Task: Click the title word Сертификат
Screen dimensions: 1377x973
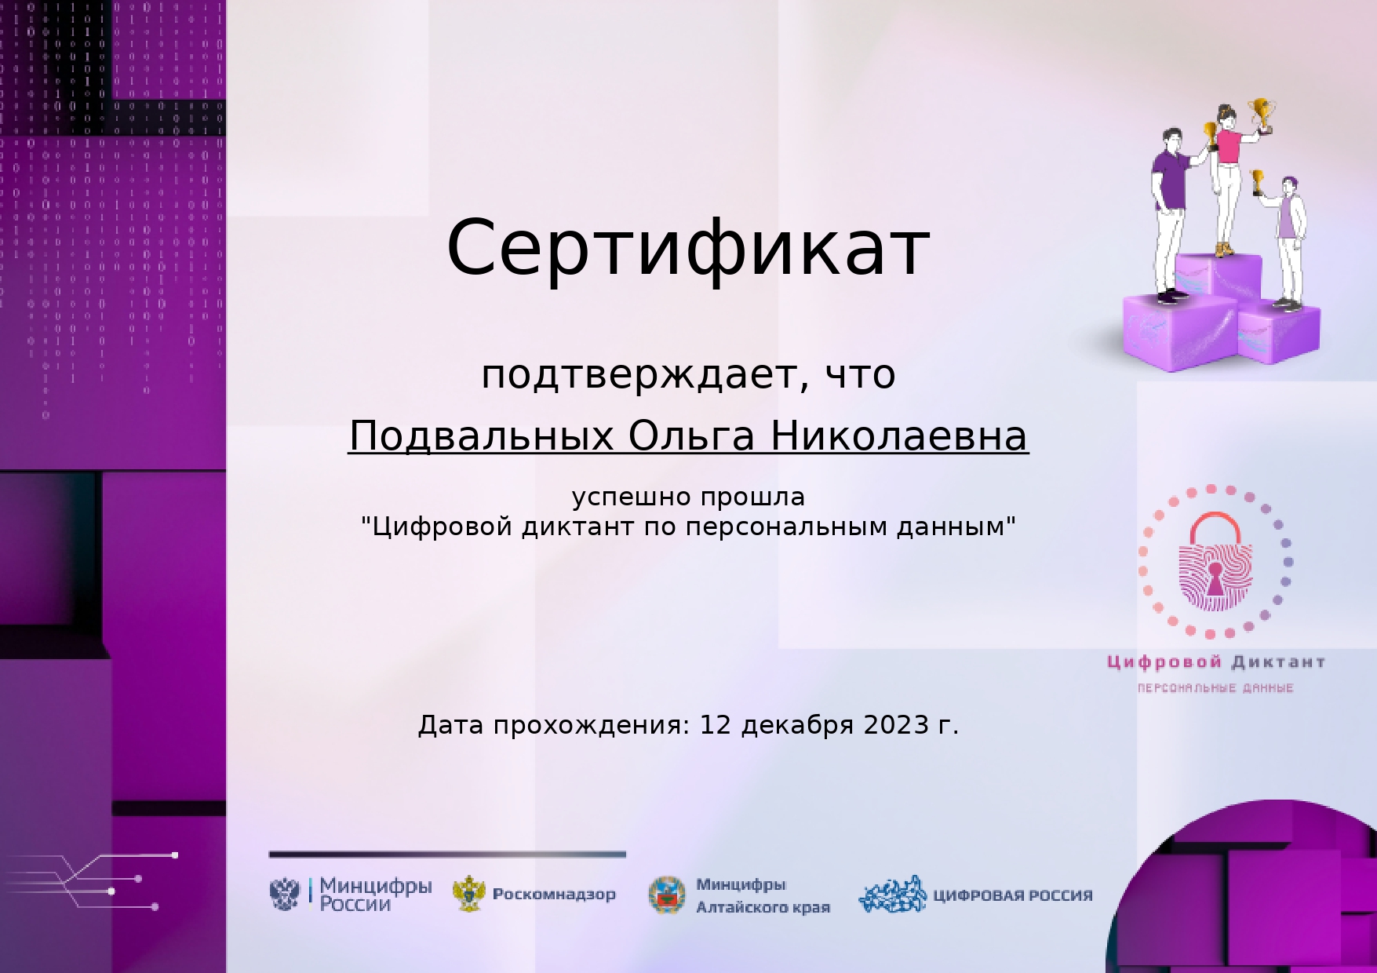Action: pyautogui.click(x=688, y=247)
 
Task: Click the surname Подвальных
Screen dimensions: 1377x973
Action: pyautogui.click(x=481, y=436)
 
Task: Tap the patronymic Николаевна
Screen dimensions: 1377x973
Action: pyautogui.click(x=899, y=436)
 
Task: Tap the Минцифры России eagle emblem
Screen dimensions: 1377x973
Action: pyautogui.click(x=285, y=894)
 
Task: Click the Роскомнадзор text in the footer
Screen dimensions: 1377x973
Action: pyautogui.click(x=554, y=894)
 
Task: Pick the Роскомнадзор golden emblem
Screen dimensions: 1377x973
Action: pyautogui.click(x=469, y=894)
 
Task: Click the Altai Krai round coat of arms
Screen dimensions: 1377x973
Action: pyautogui.click(x=667, y=895)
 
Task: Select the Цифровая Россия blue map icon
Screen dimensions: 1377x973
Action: pyautogui.click(x=893, y=895)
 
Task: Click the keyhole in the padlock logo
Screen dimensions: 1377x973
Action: pyautogui.click(x=1215, y=578)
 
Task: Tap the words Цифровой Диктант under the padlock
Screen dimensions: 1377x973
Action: pyautogui.click(x=1216, y=662)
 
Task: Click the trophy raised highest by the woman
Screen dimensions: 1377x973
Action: pyautogui.click(x=1262, y=114)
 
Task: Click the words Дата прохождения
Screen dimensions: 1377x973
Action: pyautogui.click(x=554, y=725)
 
